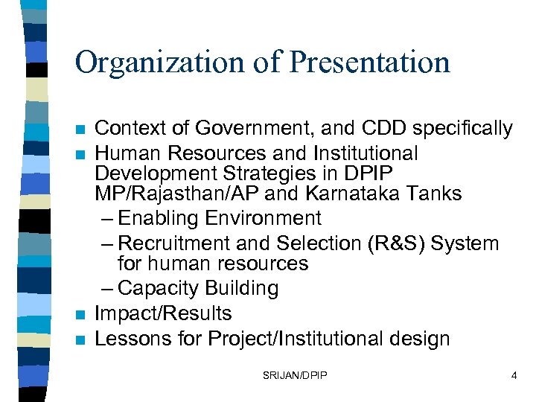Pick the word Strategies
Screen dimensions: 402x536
[x=267, y=173]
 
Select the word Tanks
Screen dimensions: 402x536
[x=436, y=194]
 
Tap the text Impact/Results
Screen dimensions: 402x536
[x=163, y=313]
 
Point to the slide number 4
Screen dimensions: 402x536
[x=514, y=376]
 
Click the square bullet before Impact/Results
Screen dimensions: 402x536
[x=82, y=315]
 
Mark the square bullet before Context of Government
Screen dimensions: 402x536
[x=82, y=130]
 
